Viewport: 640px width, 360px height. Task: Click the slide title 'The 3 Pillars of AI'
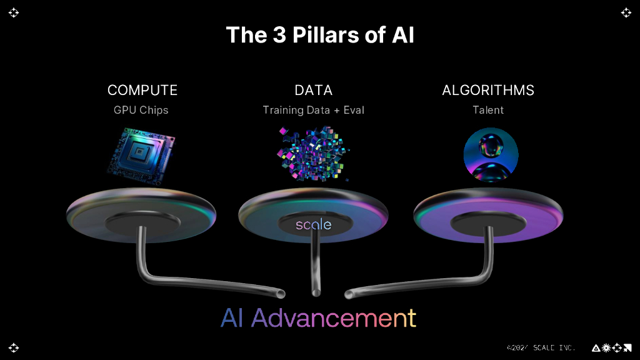tap(319, 35)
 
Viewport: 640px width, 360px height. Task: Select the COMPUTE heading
tap(142, 90)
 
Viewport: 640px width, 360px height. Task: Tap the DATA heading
tap(313, 90)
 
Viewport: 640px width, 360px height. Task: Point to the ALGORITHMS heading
tap(488, 90)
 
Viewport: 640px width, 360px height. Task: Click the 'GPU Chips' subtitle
tap(141, 110)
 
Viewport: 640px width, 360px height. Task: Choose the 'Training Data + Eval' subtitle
tap(313, 110)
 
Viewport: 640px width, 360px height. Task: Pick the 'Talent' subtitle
tap(488, 110)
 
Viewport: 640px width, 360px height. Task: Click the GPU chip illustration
tap(141, 153)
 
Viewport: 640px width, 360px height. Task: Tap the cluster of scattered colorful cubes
tap(312, 153)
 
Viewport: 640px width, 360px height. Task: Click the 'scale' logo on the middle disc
tap(313, 224)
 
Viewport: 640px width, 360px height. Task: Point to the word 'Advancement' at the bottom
tap(334, 318)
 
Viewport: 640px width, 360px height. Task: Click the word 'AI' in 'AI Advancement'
tap(232, 318)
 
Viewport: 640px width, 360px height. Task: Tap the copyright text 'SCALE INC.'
tap(552, 347)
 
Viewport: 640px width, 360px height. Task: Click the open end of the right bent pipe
tap(348, 292)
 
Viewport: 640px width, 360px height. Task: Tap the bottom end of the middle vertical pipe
tap(315, 292)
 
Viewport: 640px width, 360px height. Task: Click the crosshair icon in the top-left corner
tap(14, 12)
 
